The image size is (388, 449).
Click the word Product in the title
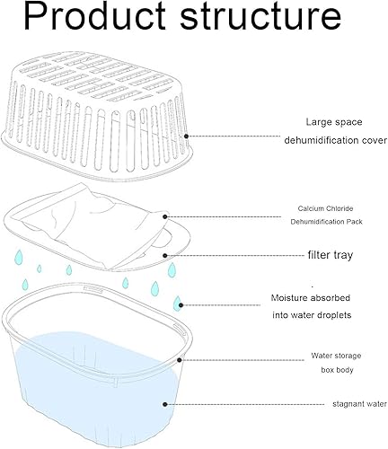tap(94, 15)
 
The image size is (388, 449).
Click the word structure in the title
tap(260, 17)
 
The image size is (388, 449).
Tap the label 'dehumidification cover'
tap(335, 140)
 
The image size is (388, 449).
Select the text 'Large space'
tap(334, 122)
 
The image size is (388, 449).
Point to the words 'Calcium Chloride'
tap(325, 208)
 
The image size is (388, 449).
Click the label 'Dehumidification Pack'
tap(326, 222)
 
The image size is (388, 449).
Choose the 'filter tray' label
tap(331, 255)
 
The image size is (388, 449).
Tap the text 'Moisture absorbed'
tap(311, 298)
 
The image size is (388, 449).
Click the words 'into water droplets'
tap(312, 315)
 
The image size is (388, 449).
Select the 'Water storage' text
tap(336, 356)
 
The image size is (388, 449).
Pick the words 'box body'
tap(337, 370)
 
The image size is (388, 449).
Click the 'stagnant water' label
tap(359, 404)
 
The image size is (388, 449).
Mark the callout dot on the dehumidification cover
tap(186, 136)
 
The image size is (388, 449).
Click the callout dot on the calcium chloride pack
tap(165, 216)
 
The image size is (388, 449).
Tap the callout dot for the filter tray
tap(164, 255)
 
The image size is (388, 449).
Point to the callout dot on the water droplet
tap(181, 305)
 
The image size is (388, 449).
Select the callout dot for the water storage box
tap(180, 360)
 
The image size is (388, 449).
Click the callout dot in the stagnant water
tap(164, 404)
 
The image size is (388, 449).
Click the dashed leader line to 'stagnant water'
tap(245, 404)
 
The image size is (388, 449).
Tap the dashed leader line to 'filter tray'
tap(235, 255)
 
